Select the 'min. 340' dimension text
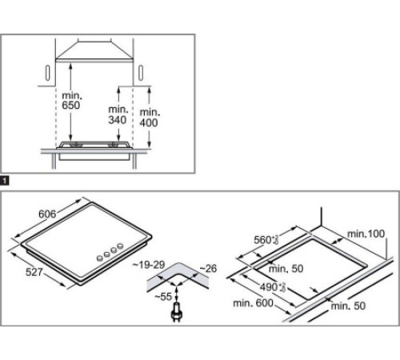tap(118, 114)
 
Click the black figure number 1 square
tap(5, 182)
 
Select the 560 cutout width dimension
tap(266, 239)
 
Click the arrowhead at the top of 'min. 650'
tap(72, 66)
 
